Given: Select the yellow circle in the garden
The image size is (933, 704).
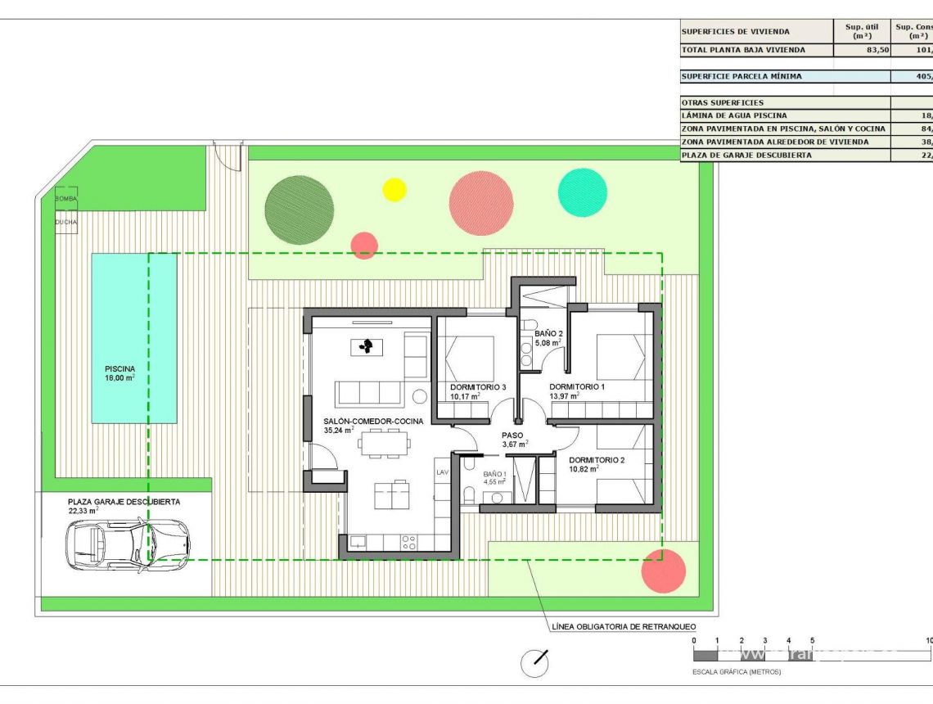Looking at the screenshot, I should (x=394, y=189).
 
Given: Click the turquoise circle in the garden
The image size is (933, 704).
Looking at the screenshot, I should (x=583, y=192).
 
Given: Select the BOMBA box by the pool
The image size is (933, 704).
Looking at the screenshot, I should (x=66, y=199).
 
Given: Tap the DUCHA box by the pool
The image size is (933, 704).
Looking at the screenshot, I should (x=66, y=222).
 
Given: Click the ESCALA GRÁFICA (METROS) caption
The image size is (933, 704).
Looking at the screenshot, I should (x=737, y=672).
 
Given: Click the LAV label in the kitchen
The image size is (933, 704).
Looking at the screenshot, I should (x=442, y=472).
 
